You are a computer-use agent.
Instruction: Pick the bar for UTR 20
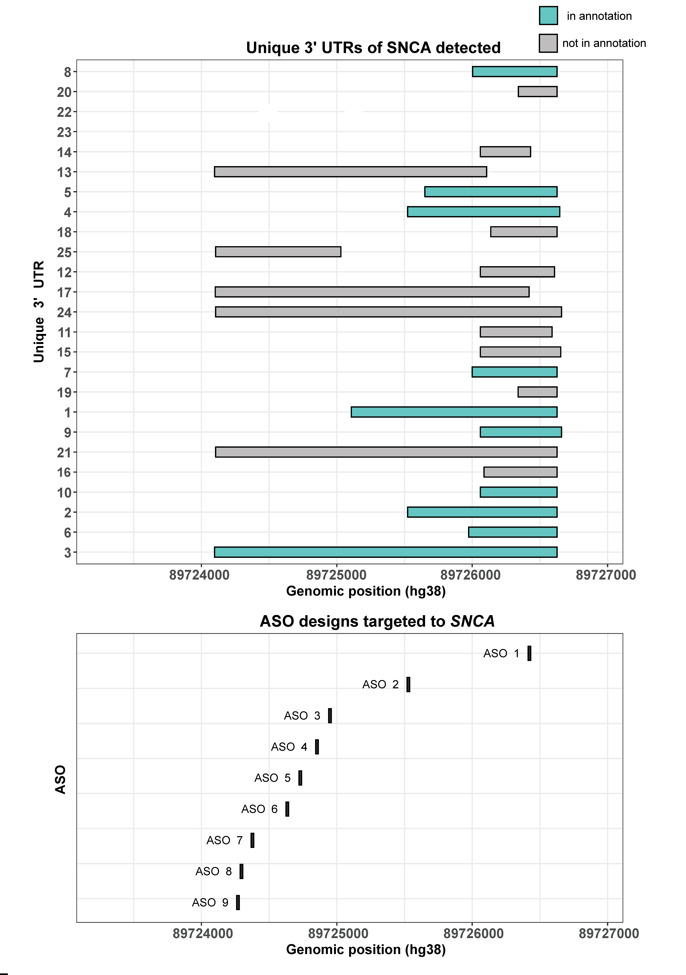coord(537,91)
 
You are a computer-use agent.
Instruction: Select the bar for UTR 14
coord(505,152)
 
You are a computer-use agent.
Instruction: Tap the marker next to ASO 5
coord(300,778)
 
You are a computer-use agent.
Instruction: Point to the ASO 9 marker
coord(238,902)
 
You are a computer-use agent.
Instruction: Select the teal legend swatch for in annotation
coord(548,16)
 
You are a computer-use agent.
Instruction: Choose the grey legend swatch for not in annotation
coord(548,43)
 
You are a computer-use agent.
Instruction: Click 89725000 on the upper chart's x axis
coord(336,575)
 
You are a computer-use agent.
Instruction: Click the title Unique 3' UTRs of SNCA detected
coord(373,48)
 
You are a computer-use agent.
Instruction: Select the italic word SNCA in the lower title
coord(472,621)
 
